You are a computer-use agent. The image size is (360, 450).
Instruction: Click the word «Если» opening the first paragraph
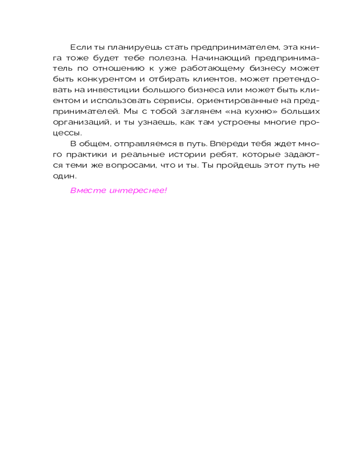point(78,47)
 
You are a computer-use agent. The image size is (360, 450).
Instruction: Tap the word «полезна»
point(162,58)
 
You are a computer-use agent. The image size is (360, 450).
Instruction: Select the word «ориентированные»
point(223,101)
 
